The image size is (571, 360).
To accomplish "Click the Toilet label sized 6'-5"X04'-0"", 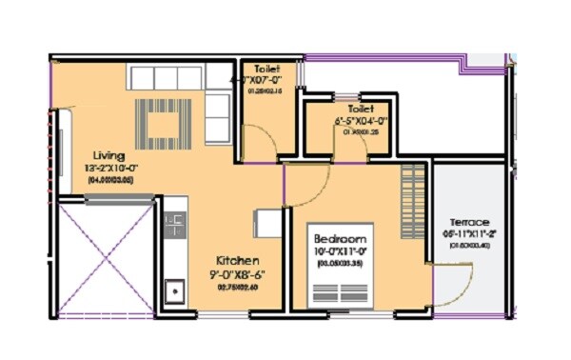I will (361, 110).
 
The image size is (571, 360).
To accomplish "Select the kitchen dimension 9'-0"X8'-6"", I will (238, 273).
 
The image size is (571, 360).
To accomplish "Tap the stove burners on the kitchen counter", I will (174, 227).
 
